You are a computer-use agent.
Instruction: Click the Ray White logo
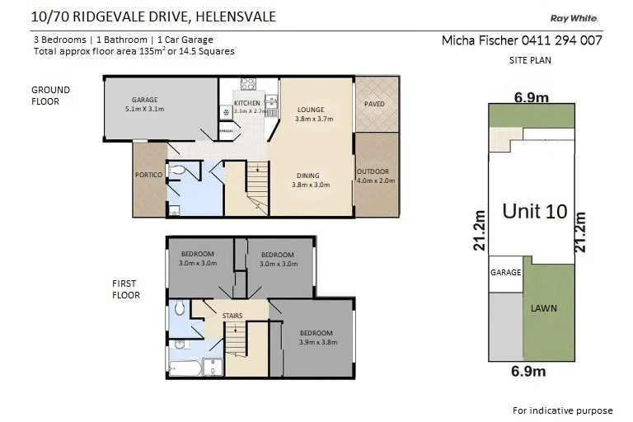click(x=574, y=18)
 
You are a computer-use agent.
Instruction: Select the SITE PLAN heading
click(x=530, y=60)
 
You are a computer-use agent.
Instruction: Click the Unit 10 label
click(x=534, y=211)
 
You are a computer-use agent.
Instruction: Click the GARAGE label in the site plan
click(x=505, y=272)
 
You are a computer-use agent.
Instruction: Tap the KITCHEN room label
click(x=246, y=103)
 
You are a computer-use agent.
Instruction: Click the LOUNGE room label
click(x=310, y=110)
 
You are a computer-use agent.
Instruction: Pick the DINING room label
click(x=310, y=176)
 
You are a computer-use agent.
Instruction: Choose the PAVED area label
click(x=373, y=104)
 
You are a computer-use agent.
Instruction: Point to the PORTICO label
click(x=148, y=176)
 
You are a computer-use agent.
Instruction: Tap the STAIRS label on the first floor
click(x=232, y=316)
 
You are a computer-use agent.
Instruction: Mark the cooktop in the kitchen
click(x=247, y=83)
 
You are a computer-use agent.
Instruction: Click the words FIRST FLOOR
click(x=126, y=289)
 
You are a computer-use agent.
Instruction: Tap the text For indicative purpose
click(x=562, y=410)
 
